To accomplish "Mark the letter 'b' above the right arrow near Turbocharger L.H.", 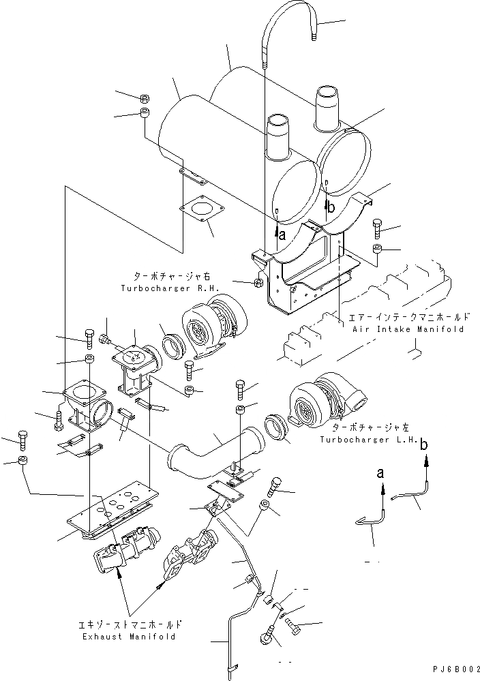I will click(425, 445).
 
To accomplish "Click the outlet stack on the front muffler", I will click(278, 136).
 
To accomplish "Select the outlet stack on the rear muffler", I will click(329, 108).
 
